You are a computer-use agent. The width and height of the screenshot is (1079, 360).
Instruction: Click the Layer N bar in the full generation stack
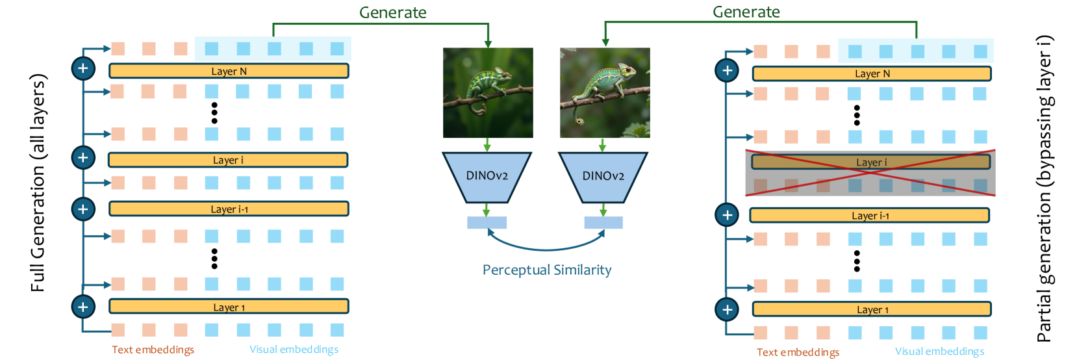[229, 71]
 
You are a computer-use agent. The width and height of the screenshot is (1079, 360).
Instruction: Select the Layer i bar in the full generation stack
[228, 160]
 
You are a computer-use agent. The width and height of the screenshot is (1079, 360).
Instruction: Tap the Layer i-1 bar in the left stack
[229, 209]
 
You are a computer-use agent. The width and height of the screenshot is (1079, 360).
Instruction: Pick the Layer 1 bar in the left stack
[229, 307]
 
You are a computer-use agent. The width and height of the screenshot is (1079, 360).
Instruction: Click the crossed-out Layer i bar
[870, 162]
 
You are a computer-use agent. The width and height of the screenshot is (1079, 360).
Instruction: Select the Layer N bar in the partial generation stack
[872, 74]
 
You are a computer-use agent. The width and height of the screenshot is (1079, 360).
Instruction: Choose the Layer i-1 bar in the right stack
[870, 216]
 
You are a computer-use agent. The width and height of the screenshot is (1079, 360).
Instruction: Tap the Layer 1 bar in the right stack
[872, 309]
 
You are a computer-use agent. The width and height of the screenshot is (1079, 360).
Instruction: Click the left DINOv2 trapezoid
[487, 176]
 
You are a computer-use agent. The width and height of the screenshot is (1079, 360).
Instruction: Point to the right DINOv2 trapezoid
[603, 176]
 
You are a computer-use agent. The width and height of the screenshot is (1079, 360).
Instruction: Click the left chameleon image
[488, 92]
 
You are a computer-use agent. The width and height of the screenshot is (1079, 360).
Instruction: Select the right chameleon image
[605, 92]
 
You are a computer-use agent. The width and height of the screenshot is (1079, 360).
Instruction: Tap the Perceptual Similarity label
[547, 270]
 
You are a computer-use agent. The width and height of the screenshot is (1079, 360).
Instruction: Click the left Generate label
[393, 12]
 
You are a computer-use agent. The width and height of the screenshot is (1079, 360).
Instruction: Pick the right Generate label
[746, 12]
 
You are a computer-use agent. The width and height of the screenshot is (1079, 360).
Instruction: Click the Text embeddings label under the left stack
[153, 350]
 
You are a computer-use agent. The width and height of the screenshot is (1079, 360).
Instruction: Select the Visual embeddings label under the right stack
[939, 352]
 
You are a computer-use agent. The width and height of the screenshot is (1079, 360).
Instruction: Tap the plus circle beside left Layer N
[83, 68]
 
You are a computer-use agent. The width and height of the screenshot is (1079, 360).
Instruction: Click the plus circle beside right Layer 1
[727, 309]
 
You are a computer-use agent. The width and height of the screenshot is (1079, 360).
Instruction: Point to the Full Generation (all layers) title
[38, 183]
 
